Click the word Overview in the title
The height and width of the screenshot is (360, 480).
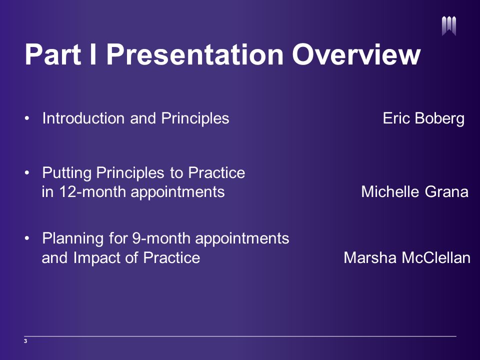click(356, 54)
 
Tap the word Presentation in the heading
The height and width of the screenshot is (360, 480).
click(195, 54)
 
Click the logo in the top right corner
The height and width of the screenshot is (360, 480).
click(449, 26)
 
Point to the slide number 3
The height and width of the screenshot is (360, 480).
click(25, 341)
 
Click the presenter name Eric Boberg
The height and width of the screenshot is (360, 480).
click(423, 118)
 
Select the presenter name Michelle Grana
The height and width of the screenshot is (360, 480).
click(415, 192)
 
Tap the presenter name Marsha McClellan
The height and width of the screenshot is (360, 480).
click(407, 258)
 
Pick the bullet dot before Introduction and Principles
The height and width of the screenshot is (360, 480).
click(27, 118)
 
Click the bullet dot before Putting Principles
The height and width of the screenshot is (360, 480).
click(27, 173)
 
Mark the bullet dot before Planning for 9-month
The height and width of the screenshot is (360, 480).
click(27, 238)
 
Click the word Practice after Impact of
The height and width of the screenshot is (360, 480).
click(171, 258)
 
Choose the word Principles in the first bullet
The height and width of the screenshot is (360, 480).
click(195, 118)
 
